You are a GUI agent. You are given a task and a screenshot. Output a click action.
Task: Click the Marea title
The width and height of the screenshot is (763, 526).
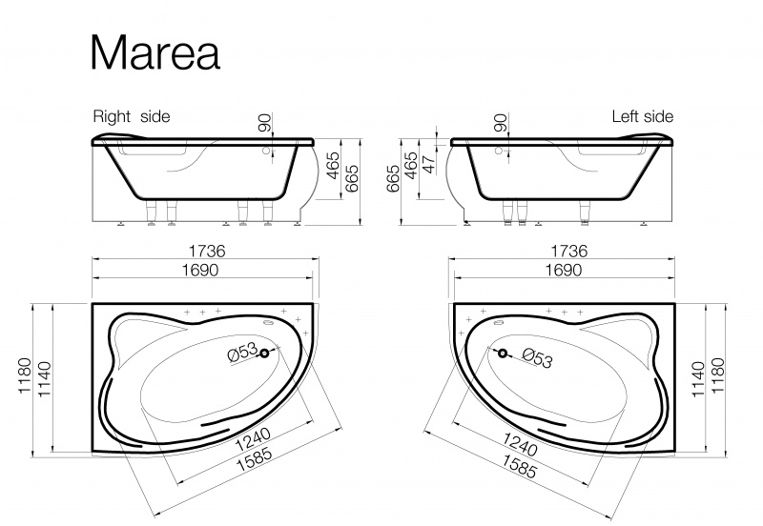pos(155,52)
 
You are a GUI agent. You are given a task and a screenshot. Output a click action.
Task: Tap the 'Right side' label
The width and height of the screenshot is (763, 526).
pos(132,116)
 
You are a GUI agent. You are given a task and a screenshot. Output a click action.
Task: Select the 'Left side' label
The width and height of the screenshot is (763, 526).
pos(642,116)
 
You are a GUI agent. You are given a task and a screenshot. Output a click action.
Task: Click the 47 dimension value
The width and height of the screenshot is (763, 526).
pos(428,164)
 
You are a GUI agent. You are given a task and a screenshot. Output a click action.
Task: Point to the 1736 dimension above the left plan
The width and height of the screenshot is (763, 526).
pos(207,251)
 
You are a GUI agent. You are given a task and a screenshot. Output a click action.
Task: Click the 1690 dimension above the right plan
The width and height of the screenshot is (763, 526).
pos(563,270)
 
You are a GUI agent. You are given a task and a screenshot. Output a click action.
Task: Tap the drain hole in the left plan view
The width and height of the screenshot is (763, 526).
pos(264,354)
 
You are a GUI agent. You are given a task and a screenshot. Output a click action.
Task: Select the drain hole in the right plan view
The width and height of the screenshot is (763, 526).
pos(503,354)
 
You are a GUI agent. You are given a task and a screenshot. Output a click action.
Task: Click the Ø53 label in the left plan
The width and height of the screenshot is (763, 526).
pos(242,352)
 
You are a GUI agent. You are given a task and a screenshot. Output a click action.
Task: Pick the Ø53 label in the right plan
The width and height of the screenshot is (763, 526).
pos(538,357)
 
